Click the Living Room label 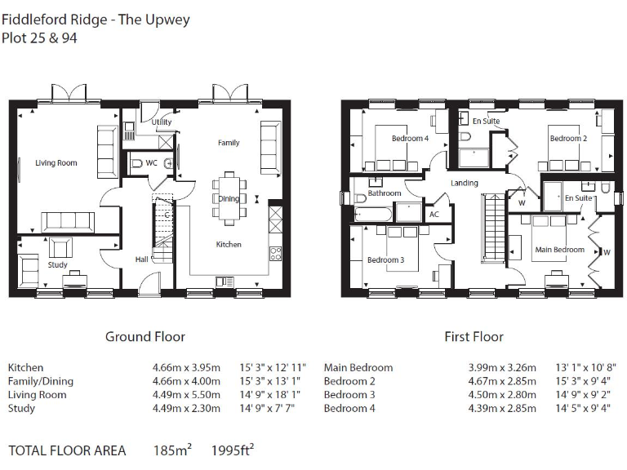click(x=56, y=163)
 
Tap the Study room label click(x=57, y=265)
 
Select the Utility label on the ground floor click(x=162, y=122)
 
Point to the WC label click(x=151, y=163)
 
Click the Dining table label click(x=229, y=198)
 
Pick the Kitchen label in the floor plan click(x=229, y=244)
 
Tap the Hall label click(x=141, y=260)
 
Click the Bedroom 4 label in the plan click(x=410, y=139)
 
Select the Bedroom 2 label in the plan click(x=567, y=139)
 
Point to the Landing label click(x=464, y=183)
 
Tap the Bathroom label click(x=384, y=193)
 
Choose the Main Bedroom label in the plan click(x=559, y=250)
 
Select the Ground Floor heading click(x=145, y=336)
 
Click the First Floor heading click(x=474, y=336)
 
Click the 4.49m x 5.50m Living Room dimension click(x=186, y=395)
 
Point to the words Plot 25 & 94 click(x=40, y=38)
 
